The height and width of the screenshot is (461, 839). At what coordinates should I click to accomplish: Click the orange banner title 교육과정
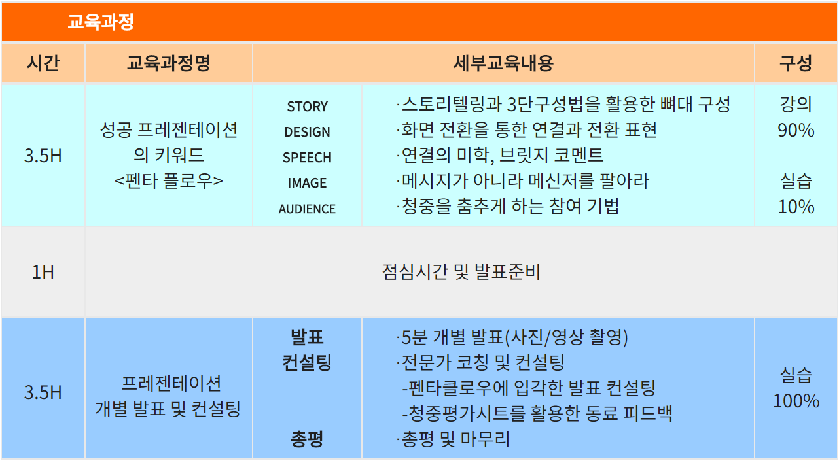pyautogui.click(x=100, y=22)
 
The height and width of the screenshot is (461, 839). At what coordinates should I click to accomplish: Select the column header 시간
pyautogui.click(x=43, y=63)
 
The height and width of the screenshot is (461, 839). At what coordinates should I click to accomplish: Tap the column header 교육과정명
pyautogui.click(x=169, y=63)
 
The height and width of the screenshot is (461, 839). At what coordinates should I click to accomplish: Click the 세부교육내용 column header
pyautogui.click(x=503, y=63)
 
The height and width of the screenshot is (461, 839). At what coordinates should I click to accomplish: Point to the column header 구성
pyautogui.click(x=796, y=63)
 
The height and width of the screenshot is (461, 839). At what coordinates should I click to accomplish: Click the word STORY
pyautogui.click(x=307, y=107)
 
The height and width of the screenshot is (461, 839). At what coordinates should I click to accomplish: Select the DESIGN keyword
pyautogui.click(x=307, y=132)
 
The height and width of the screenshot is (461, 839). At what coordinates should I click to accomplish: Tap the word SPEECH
pyautogui.click(x=307, y=158)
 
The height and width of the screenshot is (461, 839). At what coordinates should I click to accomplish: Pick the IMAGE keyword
pyautogui.click(x=307, y=183)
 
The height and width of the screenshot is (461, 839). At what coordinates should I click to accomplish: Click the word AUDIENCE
pyautogui.click(x=307, y=209)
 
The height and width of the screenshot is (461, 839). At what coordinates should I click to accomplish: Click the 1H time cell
pyautogui.click(x=43, y=272)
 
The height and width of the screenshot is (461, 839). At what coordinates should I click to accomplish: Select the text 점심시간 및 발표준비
pyautogui.click(x=461, y=271)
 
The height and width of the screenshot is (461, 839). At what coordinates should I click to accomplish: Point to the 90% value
pyautogui.click(x=796, y=130)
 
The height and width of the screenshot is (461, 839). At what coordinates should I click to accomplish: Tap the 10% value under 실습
pyautogui.click(x=796, y=207)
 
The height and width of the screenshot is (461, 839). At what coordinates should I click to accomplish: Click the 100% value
pyautogui.click(x=796, y=401)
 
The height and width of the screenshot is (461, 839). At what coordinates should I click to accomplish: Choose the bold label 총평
pyautogui.click(x=307, y=439)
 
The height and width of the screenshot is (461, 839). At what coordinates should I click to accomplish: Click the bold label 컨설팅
pyautogui.click(x=307, y=362)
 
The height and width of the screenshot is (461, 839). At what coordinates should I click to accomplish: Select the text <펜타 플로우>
pyautogui.click(x=169, y=181)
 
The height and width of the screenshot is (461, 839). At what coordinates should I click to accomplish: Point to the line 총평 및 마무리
pyautogui.click(x=454, y=439)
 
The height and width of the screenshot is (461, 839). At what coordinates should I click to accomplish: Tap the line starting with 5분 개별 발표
pyautogui.click(x=512, y=337)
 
